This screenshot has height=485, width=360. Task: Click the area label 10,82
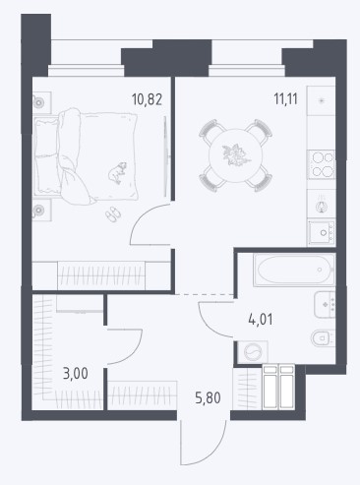click(x=147, y=99)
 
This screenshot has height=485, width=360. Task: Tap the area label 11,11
click(x=285, y=98)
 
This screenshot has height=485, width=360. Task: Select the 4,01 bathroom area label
click(x=261, y=319)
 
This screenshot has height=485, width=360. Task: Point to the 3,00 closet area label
click(x=76, y=374)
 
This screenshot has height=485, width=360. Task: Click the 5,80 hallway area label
click(x=208, y=398)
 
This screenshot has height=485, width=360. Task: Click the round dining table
click(x=236, y=155)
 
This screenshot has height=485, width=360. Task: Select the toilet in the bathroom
click(x=323, y=338)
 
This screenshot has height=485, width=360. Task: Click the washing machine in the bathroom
click(x=253, y=352)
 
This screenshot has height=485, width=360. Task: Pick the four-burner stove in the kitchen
click(x=322, y=164)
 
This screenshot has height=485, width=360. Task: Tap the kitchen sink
click(x=322, y=232)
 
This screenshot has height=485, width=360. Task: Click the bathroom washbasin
click(x=325, y=305)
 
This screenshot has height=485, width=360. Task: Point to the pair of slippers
click(x=113, y=214)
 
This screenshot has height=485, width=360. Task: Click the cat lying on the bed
click(x=117, y=172)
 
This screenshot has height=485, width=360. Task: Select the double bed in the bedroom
click(x=86, y=156)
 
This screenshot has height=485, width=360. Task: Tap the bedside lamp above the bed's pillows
click(x=39, y=102)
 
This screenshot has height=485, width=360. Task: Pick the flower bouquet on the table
click(x=235, y=155)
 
